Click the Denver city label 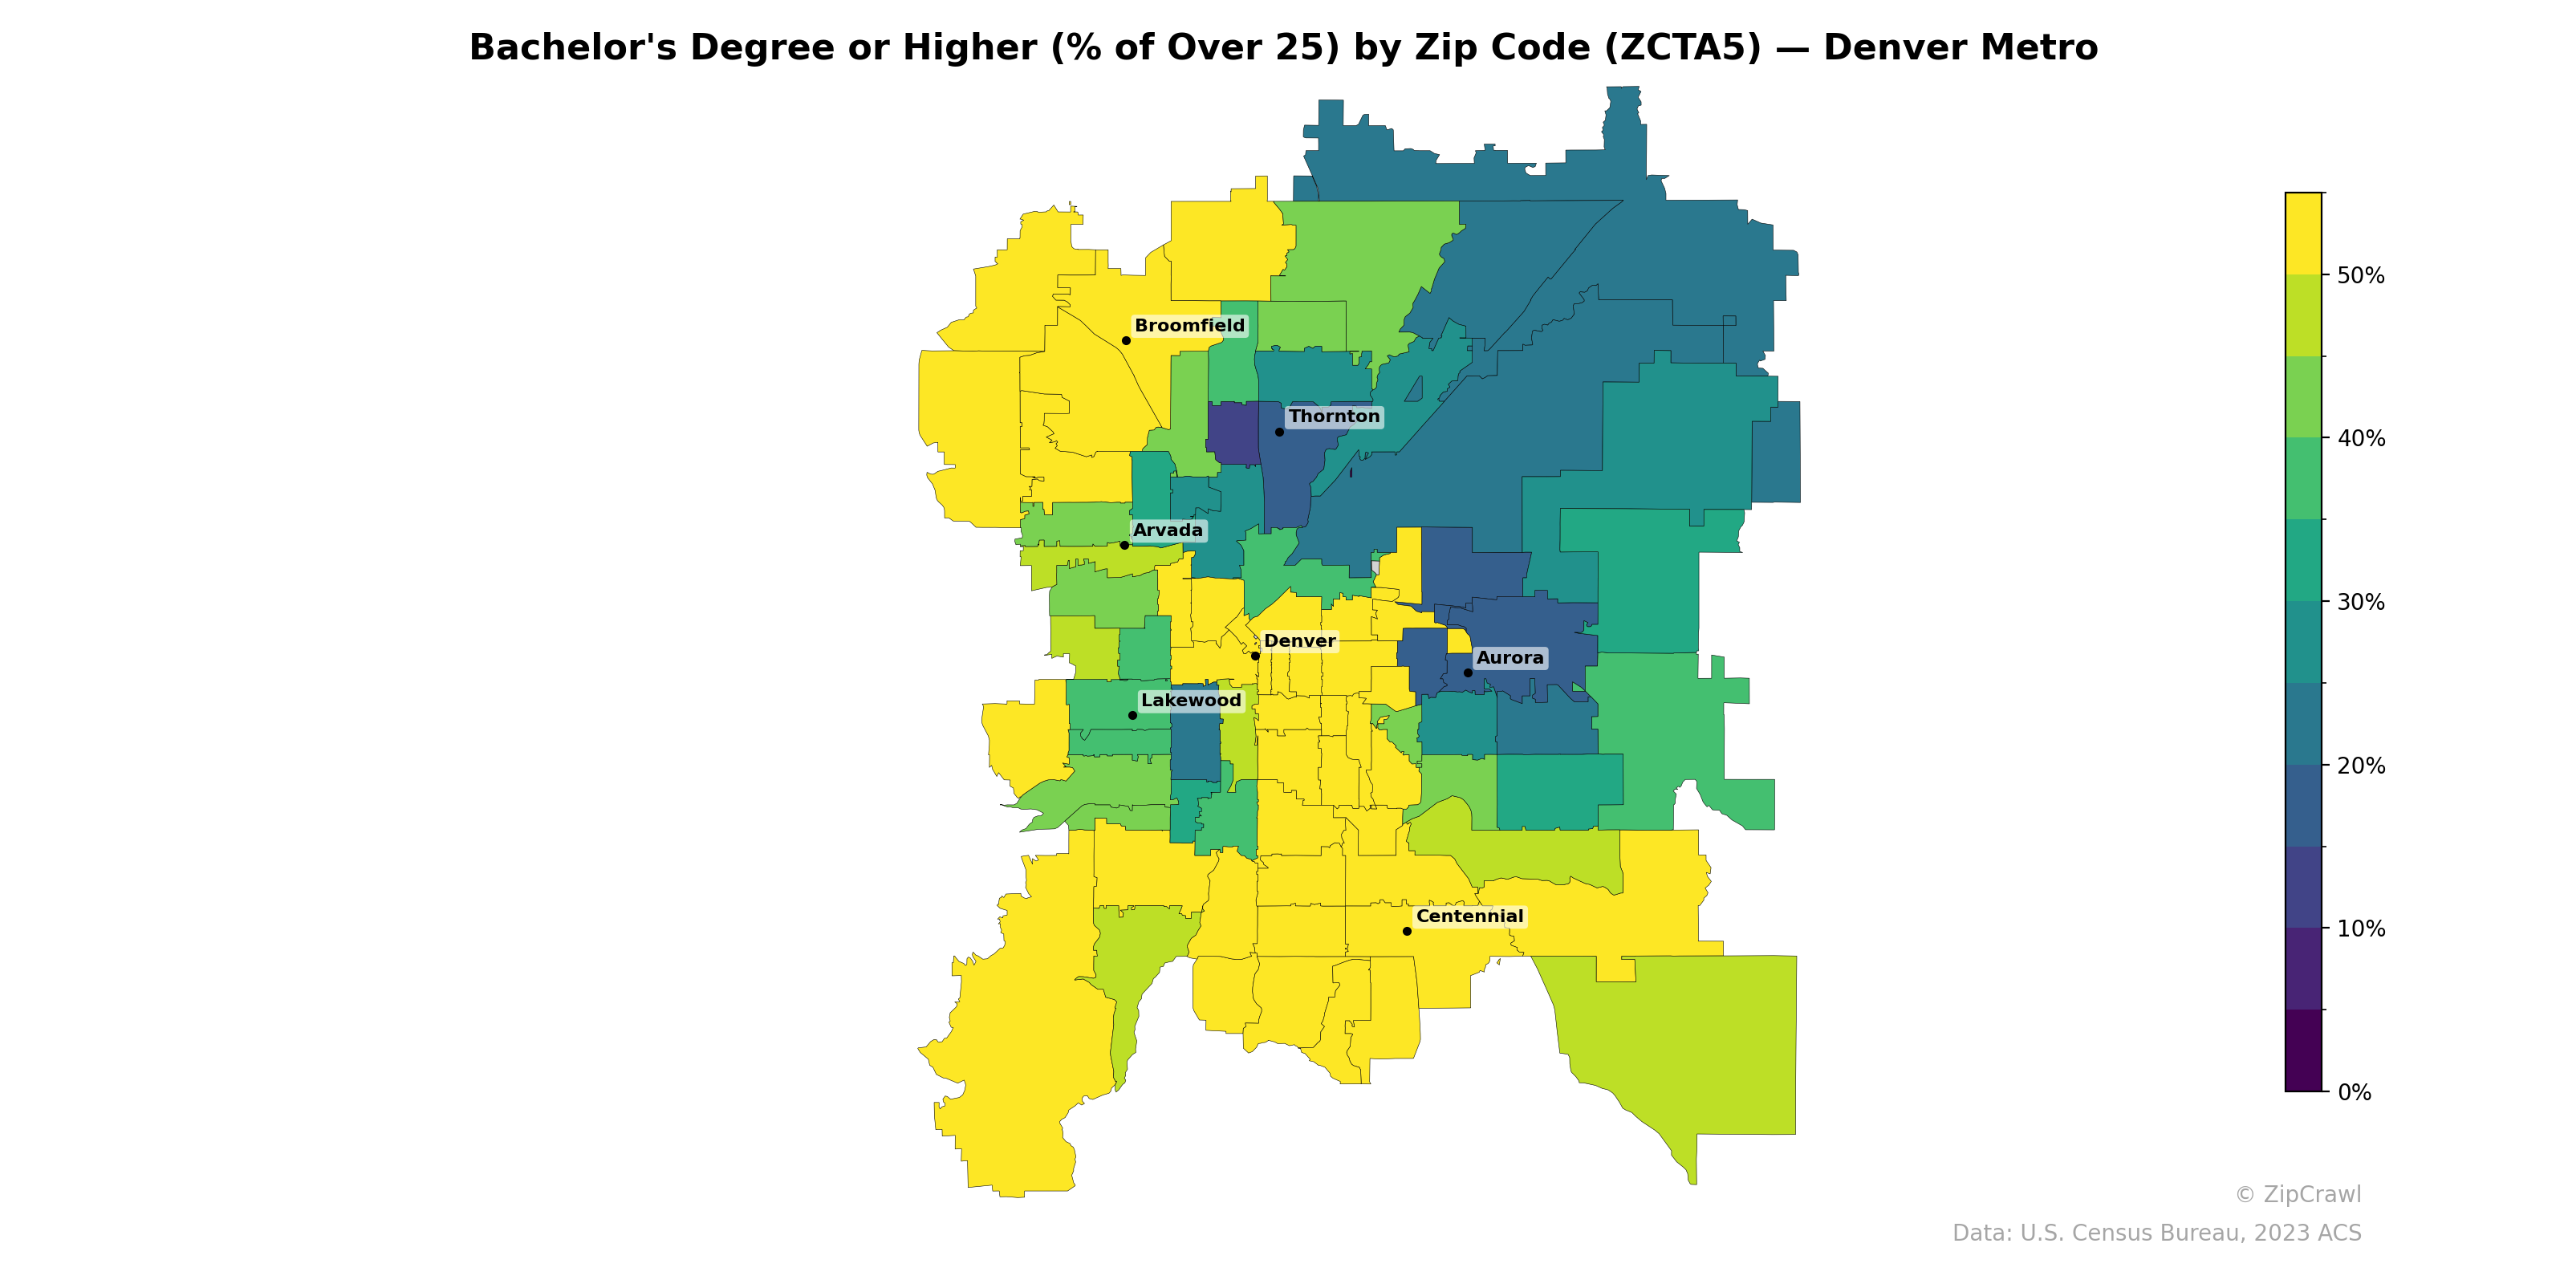tap(1299, 641)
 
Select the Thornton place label tap(1334, 416)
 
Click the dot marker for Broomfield tap(1125, 341)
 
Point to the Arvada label tap(1168, 530)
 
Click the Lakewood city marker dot tap(1132, 716)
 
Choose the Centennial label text tap(1469, 916)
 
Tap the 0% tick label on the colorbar tap(2354, 1092)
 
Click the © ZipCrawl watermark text tap(2297, 1194)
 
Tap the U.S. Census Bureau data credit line tap(2156, 1233)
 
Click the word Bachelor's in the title tap(572, 48)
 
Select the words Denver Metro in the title tap(1960, 48)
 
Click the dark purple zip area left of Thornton tap(1232, 433)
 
